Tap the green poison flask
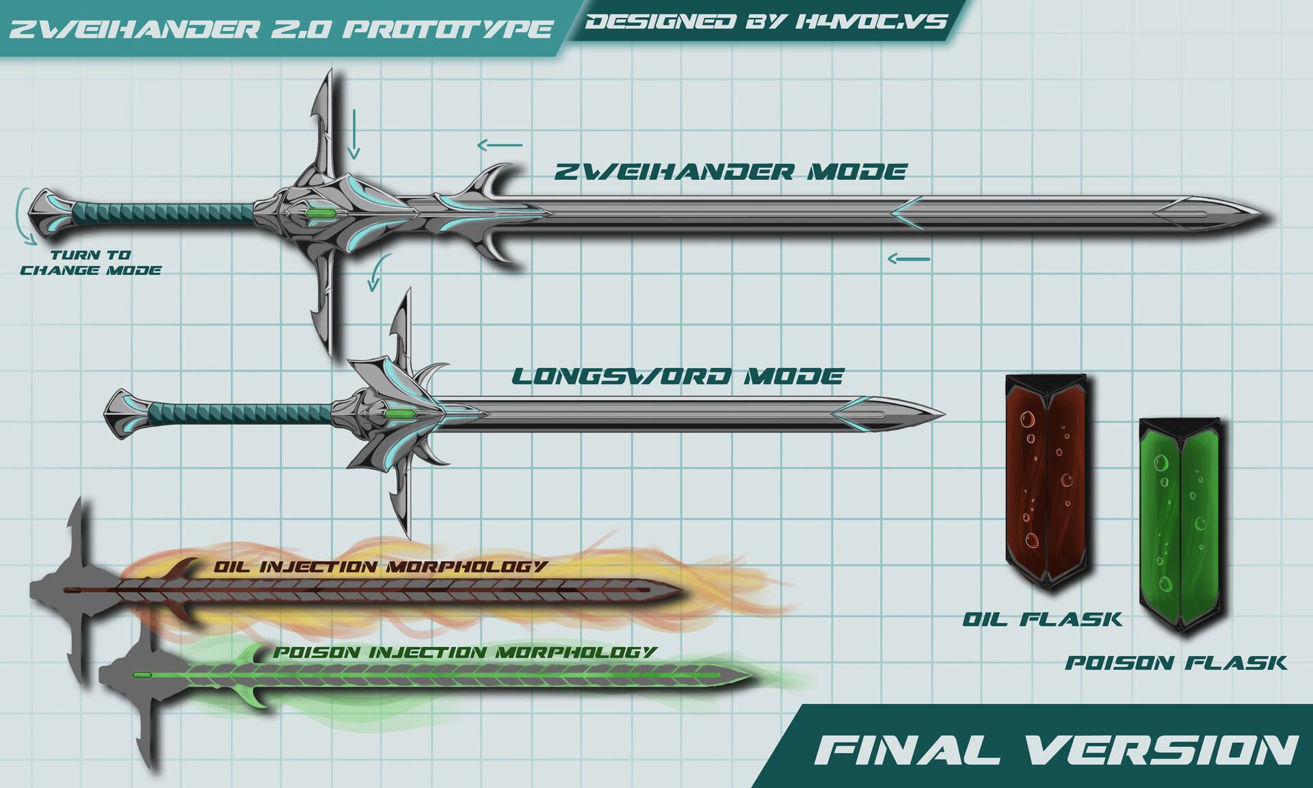click(1180, 523)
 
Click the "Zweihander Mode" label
click(730, 172)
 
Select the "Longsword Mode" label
click(677, 376)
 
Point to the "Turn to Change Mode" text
click(90, 263)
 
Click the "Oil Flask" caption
click(1042, 620)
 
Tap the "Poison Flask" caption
click(1176, 663)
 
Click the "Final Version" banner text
click(1056, 750)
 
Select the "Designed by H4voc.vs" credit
click(766, 22)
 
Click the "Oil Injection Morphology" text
click(380, 567)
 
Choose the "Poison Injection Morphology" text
click(465, 653)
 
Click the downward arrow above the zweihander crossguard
click(354, 133)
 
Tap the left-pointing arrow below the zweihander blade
click(909, 259)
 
